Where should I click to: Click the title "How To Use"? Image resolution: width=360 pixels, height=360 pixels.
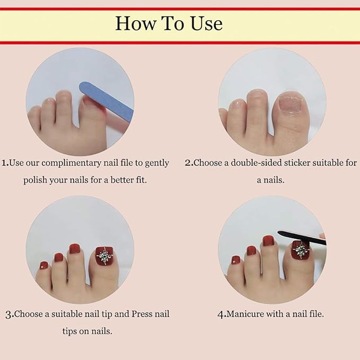[x=169, y=24]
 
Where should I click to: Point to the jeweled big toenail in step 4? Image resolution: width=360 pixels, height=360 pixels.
[x=302, y=250]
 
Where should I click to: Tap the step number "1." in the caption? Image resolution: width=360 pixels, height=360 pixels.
[x=5, y=163]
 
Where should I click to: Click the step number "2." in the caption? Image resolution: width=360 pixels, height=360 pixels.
[x=189, y=163]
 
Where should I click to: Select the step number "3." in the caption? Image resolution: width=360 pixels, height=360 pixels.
[x=9, y=314]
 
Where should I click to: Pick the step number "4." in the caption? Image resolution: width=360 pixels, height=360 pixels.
[x=222, y=314]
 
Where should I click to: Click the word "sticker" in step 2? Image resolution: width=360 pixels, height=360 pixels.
[x=298, y=163]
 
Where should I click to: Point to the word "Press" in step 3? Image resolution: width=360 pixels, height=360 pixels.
[x=143, y=314]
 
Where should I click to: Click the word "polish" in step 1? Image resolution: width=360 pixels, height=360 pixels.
[x=35, y=180]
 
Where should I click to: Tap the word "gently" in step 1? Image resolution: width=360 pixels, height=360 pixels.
[x=156, y=163]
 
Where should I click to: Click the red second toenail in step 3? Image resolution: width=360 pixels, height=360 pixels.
[x=74, y=249]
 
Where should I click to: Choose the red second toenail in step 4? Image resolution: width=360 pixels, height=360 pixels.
[x=268, y=241]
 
